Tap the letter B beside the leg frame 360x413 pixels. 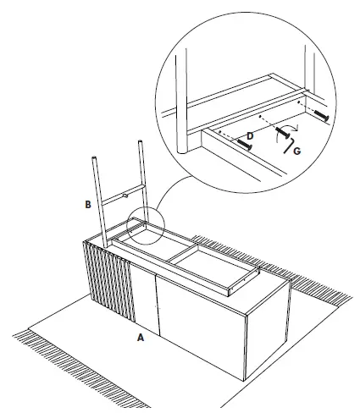coord(86,204)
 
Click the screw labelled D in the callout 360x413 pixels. coord(246,145)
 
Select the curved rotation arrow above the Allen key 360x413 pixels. coord(290,127)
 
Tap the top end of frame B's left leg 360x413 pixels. coord(94,158)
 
